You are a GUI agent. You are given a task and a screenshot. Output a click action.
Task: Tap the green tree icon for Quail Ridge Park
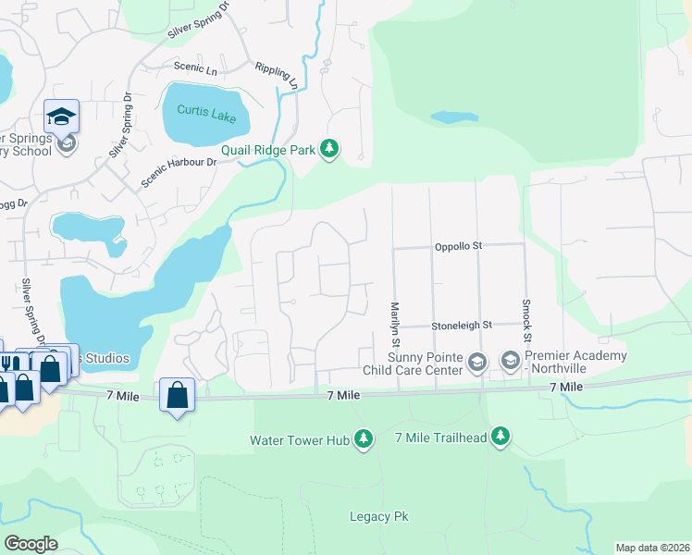[x=329, y=149]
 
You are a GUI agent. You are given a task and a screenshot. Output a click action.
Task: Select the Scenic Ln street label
[x=195, y=67]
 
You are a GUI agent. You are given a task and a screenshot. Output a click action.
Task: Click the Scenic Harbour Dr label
[x=179, y=172]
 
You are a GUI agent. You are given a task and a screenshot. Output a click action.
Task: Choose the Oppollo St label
[x=460, y=247]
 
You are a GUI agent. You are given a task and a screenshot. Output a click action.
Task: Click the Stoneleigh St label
[x=461, y=326]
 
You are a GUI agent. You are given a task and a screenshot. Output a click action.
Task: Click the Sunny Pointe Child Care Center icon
[x=476, y=362]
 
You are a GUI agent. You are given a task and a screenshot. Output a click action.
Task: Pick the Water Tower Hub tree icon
[x=364, y=439]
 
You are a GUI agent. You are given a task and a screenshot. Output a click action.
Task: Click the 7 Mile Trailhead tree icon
[x=500, y=436]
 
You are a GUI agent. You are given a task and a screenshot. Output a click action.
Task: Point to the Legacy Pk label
[x=378, y=516]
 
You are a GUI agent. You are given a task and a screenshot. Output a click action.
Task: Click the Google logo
[x=31, y=544]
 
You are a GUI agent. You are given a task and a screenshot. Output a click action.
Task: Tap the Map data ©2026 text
[x=652, y=548]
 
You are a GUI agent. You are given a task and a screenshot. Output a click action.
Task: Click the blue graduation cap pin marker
[x=61, y=116]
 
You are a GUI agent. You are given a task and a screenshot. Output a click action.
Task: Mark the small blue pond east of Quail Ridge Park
[x=454, y=117]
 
